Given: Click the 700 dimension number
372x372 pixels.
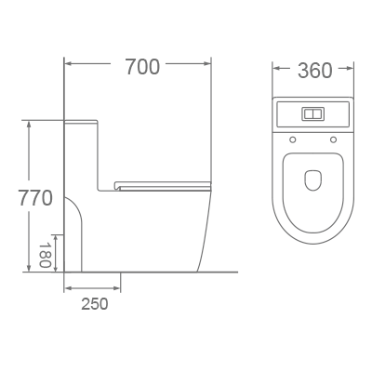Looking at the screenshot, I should tap(141, 67).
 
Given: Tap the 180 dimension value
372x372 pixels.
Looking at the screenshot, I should tap(44, 254).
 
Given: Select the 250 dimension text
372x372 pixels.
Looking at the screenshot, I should tap(93, 303).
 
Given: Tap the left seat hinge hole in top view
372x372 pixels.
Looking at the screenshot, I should tap(292, 140).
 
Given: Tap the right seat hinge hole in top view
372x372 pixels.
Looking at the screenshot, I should tap(333, 140).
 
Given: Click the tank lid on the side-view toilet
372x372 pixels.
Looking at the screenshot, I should tap(82, 121).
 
